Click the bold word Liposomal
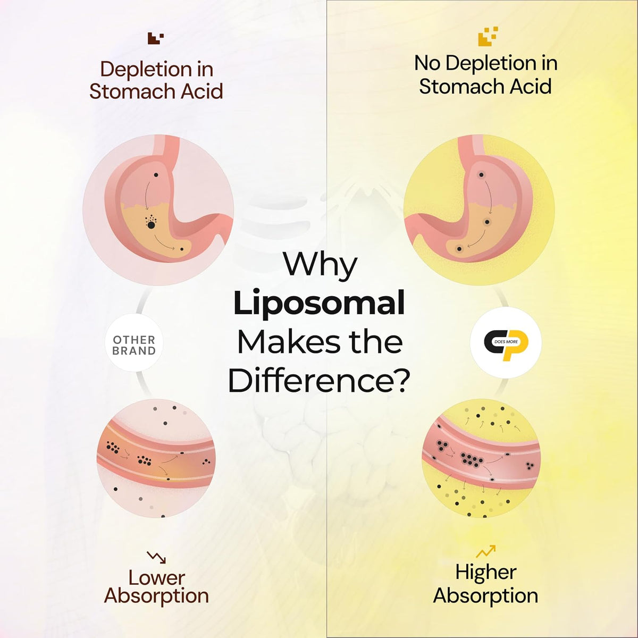[x=319, y=305]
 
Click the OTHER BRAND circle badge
[x=134, y=343]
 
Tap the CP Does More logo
[x=506, y=342]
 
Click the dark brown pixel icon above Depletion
[x=155, y=38]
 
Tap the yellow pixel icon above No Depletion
[x=488, y=36]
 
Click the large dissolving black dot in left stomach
[x=151, y=225]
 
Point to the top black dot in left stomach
[x=156, y=175]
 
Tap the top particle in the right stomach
[x=481, y=175]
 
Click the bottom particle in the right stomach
[x=459, y=249]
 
